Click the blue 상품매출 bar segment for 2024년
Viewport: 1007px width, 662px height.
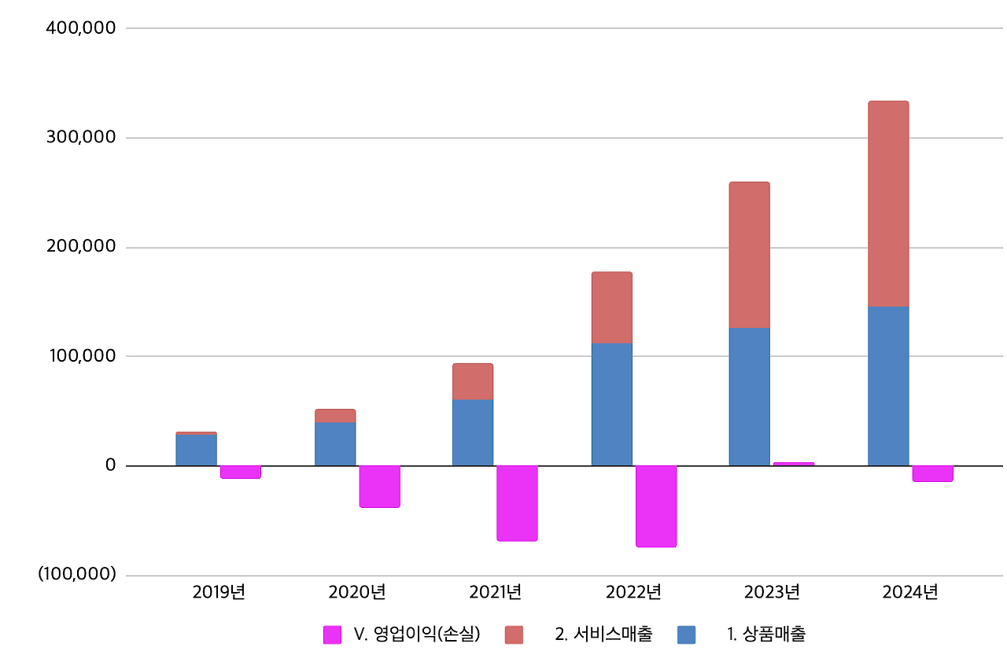[x=887, y=385]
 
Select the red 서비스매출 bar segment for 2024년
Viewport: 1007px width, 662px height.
[x=887, y=204]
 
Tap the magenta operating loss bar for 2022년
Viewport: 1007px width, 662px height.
[x=656, y=506]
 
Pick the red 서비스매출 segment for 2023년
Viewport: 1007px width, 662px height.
[x=749, y=255]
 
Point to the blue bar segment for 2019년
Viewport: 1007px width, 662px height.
[x=196, y=450]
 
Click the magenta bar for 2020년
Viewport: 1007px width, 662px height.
[x=379, y=486]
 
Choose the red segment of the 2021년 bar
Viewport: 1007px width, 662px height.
[x=472, y=381]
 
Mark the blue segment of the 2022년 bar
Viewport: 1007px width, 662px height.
[x=611, y=404]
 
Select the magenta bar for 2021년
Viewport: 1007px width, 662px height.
[x=517, y=502]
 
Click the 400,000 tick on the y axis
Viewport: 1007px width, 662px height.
[x=82, y=28]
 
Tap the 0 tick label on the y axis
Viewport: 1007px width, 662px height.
[x=109, y=465]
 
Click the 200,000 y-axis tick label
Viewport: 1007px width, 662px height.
[x=82, y=247]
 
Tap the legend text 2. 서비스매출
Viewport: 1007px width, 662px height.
[x=603, y=634]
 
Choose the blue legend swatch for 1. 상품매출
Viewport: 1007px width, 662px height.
[x=686, y=634]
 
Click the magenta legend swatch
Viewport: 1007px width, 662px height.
[x=332, y=634]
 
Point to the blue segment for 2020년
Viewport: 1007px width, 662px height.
[x=334, y=443]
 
